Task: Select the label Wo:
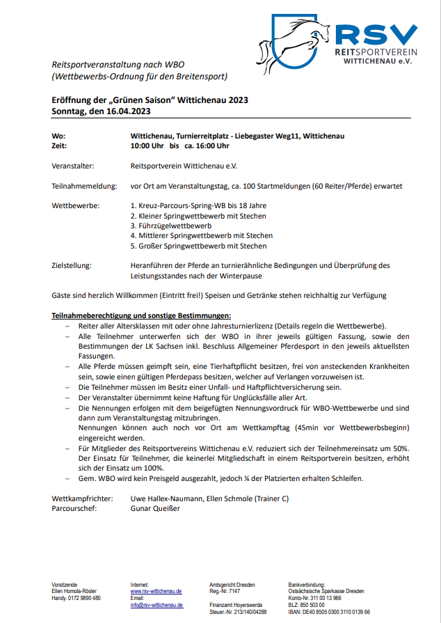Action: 58,136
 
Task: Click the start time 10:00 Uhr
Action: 147,146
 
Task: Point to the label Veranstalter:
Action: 73,166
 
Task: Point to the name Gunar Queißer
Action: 155,508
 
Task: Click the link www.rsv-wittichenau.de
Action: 156,591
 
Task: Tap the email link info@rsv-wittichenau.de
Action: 157,606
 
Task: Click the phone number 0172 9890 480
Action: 84,599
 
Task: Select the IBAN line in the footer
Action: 329,612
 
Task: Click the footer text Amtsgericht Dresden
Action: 232,584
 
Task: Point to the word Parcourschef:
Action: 74,508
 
